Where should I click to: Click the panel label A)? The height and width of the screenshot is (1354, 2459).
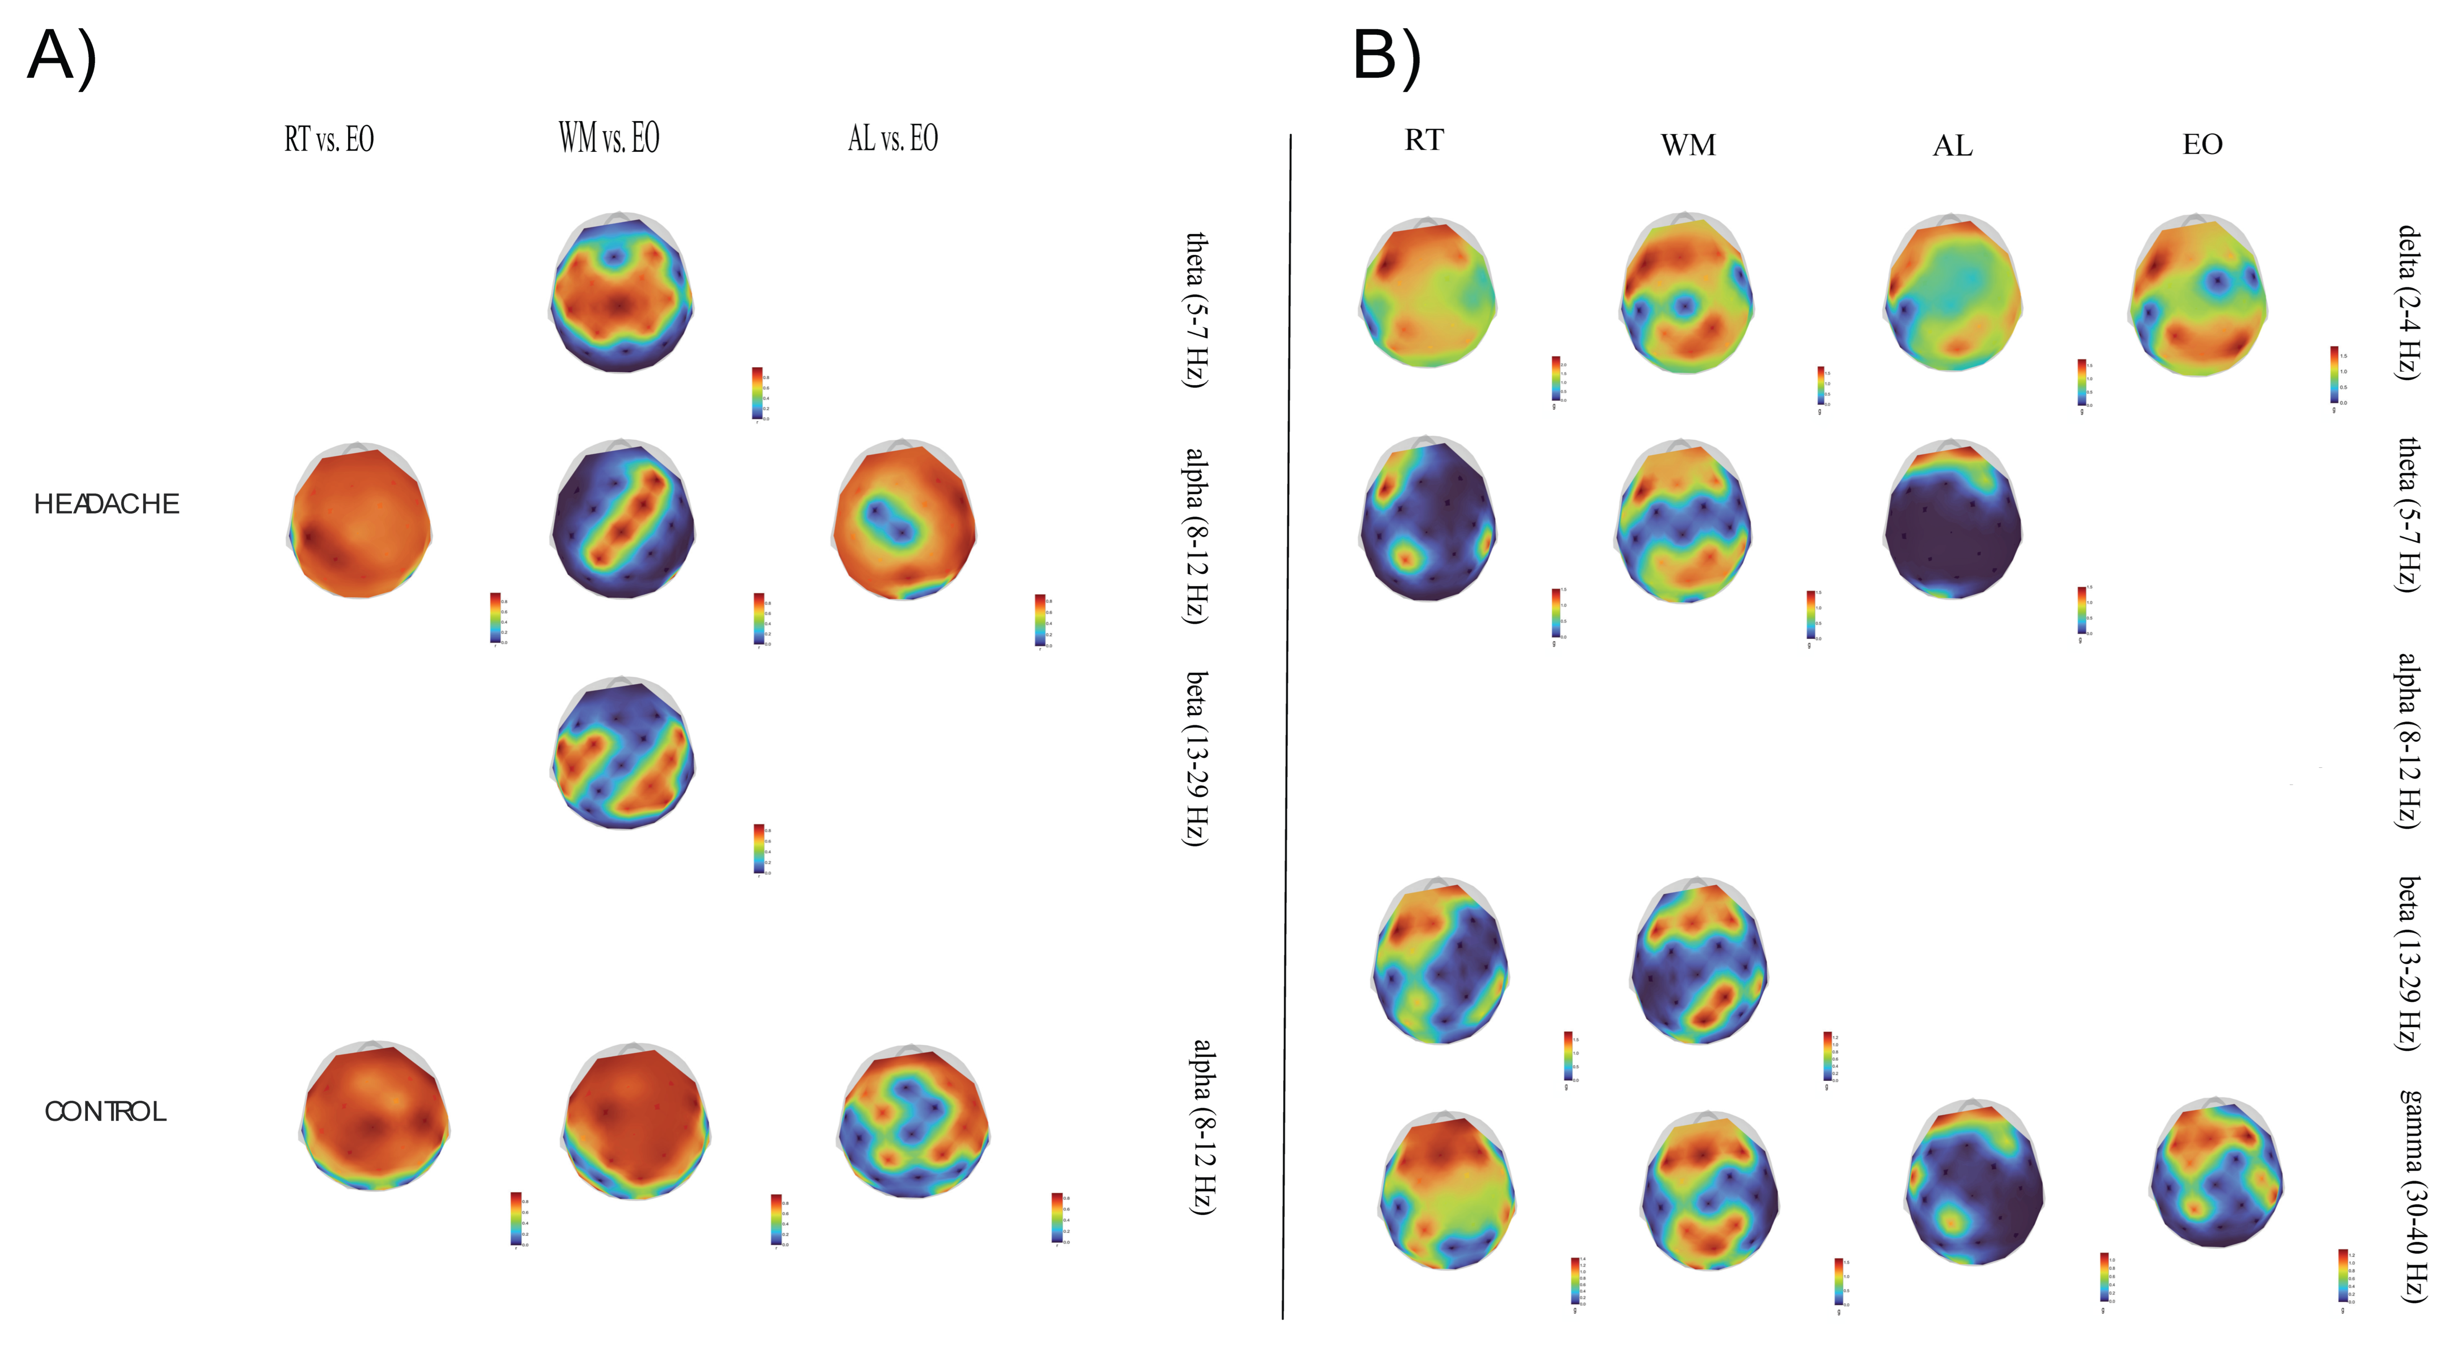(x=62, y=57)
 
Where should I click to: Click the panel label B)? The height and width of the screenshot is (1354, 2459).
(x=1386, y=57)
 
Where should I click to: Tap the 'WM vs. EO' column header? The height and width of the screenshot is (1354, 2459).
(x=609, y=138)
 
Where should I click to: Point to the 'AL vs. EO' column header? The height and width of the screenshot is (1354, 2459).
(x=893, y=138)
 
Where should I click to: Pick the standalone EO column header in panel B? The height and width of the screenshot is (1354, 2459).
(x=2202, y=144)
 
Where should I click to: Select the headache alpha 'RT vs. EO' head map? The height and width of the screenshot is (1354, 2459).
(x=359, y=521)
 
